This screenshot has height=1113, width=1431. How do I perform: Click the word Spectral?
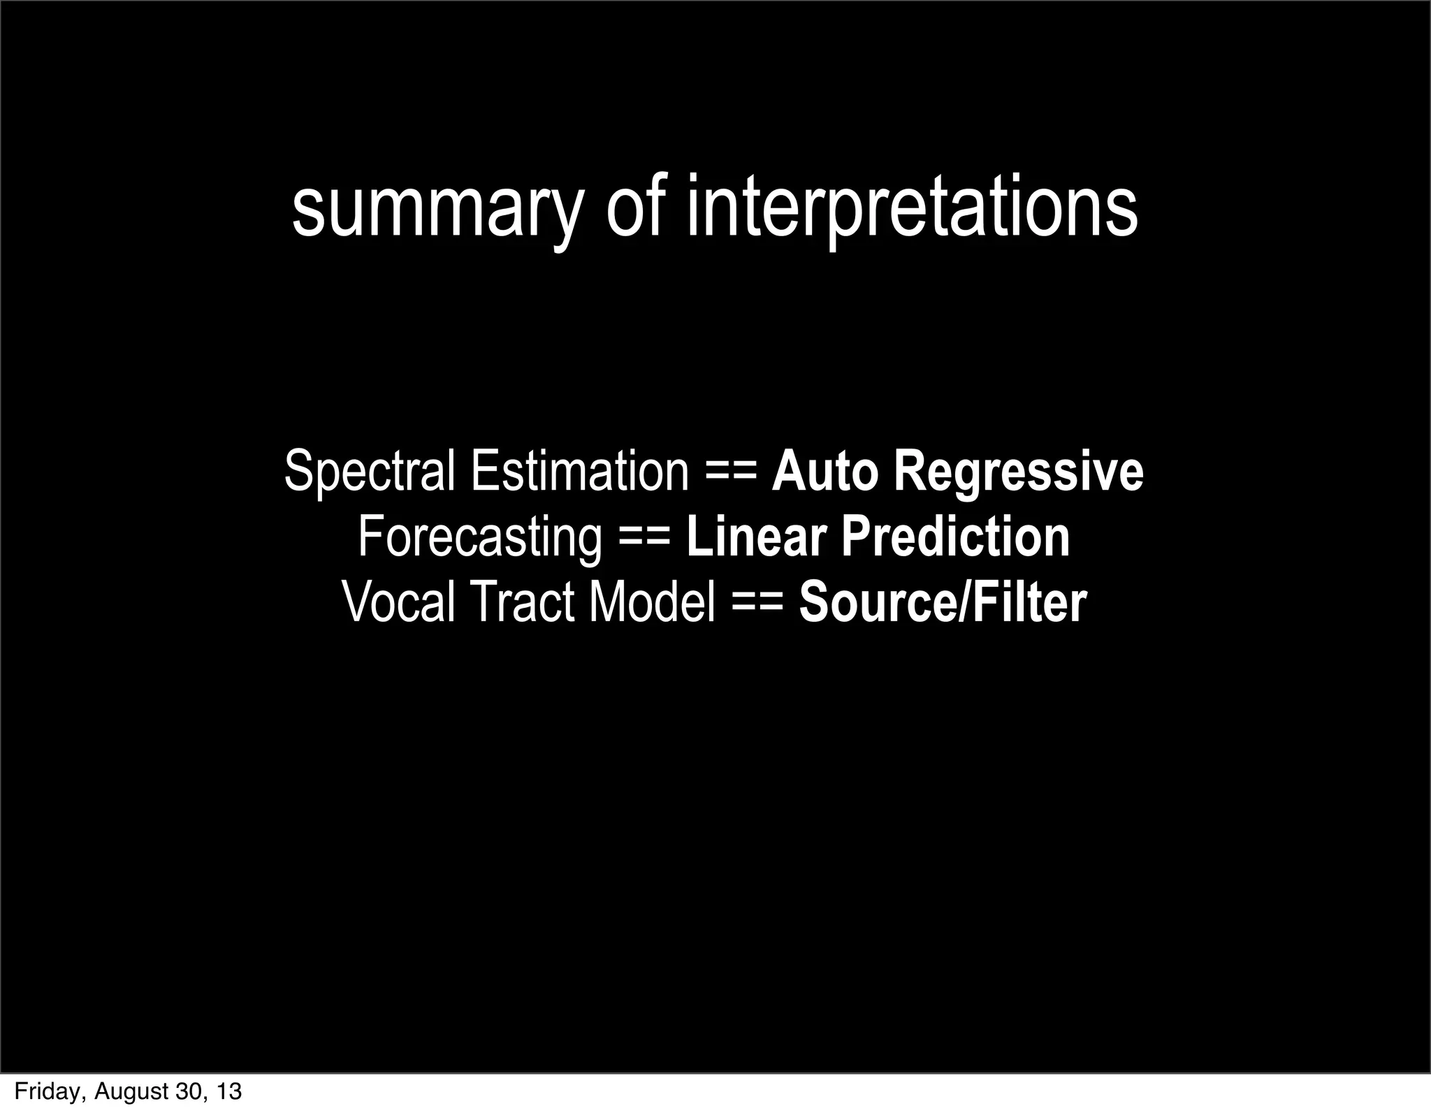pos(370,472)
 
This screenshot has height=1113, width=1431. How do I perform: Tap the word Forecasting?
pos(479,537)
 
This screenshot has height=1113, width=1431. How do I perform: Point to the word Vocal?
pos(399,602)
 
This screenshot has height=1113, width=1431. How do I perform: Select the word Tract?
pos(521,602)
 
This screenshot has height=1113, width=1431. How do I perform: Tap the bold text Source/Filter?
pos(943,602)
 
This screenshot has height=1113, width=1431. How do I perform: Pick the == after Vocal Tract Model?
pos(757,603)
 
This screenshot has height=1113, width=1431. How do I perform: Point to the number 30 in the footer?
pos(186,1091)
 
